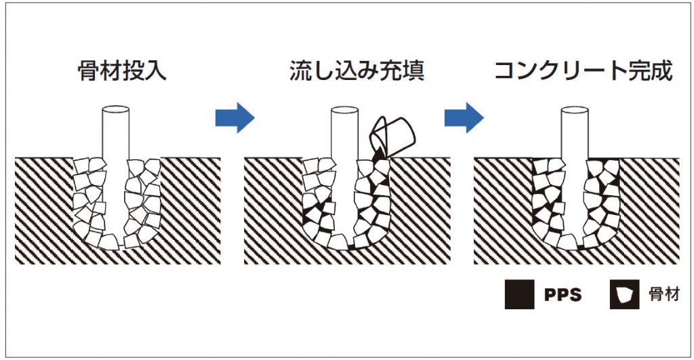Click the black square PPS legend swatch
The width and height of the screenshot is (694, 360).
coord(519,295)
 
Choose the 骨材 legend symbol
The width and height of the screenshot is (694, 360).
coord(624,295)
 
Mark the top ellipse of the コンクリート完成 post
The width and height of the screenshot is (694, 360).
coord(575,109)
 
